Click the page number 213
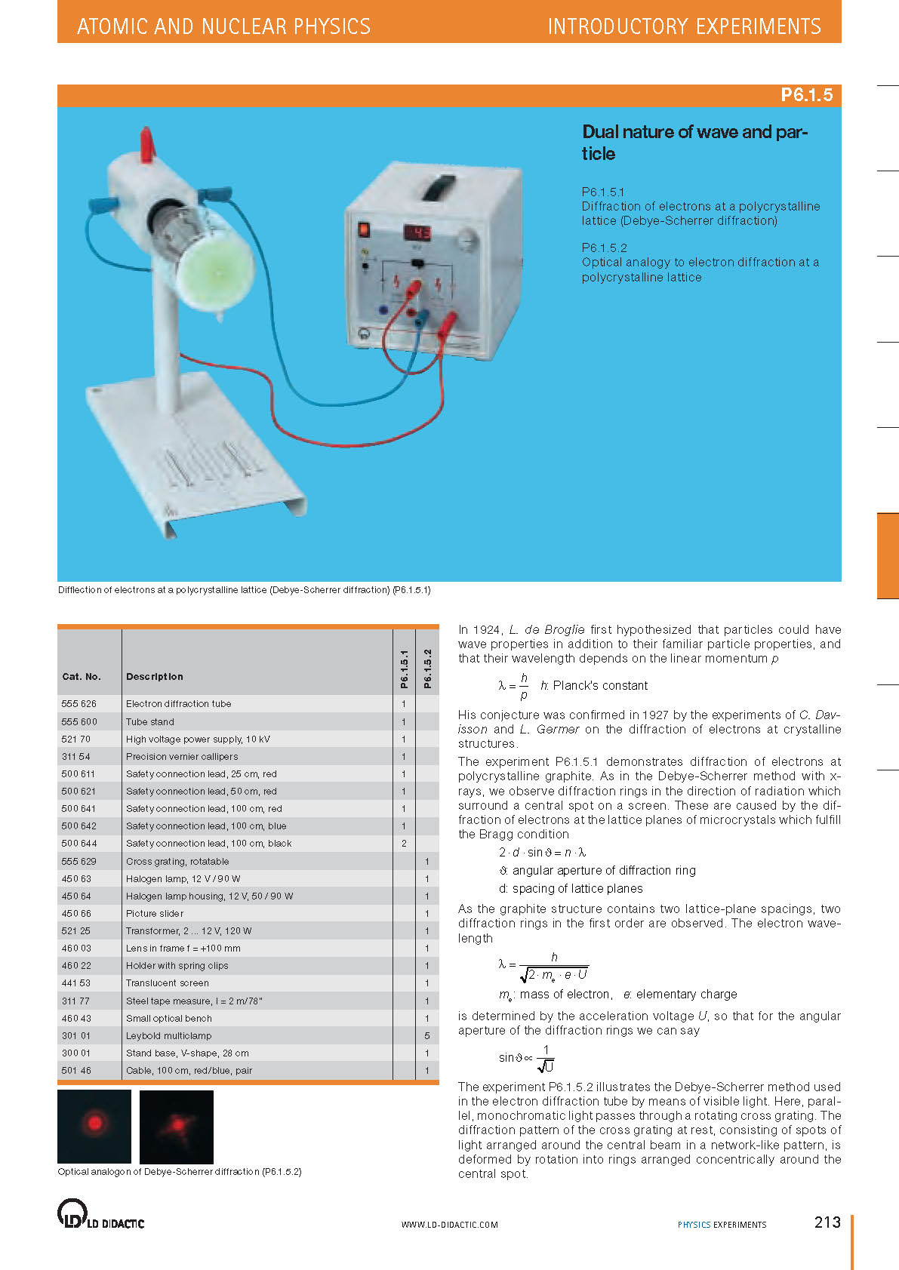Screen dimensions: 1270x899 [827, 1222]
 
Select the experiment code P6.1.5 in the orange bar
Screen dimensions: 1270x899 [806, 95]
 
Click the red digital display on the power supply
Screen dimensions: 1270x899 [417, 232]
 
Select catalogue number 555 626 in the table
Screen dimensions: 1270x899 [79, 703]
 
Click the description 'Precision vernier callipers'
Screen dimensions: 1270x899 [182, 756]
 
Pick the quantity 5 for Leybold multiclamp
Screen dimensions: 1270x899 [426, 1035]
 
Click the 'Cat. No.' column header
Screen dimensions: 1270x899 [82, 676]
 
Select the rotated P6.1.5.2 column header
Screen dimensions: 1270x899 [427, 669]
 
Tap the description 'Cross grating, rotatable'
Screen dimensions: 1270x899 [177, 861]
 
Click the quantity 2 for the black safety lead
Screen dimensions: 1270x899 [404, 843]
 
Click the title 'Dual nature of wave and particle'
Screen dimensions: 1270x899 [694, 142]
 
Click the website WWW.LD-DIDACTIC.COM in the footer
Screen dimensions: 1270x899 [449, 1224]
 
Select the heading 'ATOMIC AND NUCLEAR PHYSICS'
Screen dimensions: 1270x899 [223, 26]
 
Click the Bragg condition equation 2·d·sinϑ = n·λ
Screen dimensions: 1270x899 [542, 852]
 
